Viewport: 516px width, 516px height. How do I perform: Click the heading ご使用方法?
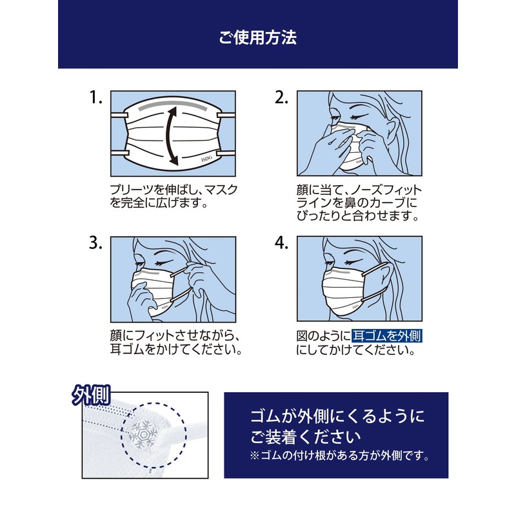(257, 38)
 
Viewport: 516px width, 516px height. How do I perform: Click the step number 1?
(96, 98)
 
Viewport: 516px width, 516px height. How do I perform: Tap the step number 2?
(281, 98)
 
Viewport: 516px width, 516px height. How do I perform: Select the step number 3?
(96, 243)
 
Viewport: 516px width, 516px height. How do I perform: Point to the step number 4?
(281, 243)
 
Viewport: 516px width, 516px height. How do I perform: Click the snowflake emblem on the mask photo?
(141, 434)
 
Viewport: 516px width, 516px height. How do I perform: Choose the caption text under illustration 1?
(174, 196)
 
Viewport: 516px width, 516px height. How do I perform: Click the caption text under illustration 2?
(358, 203)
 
